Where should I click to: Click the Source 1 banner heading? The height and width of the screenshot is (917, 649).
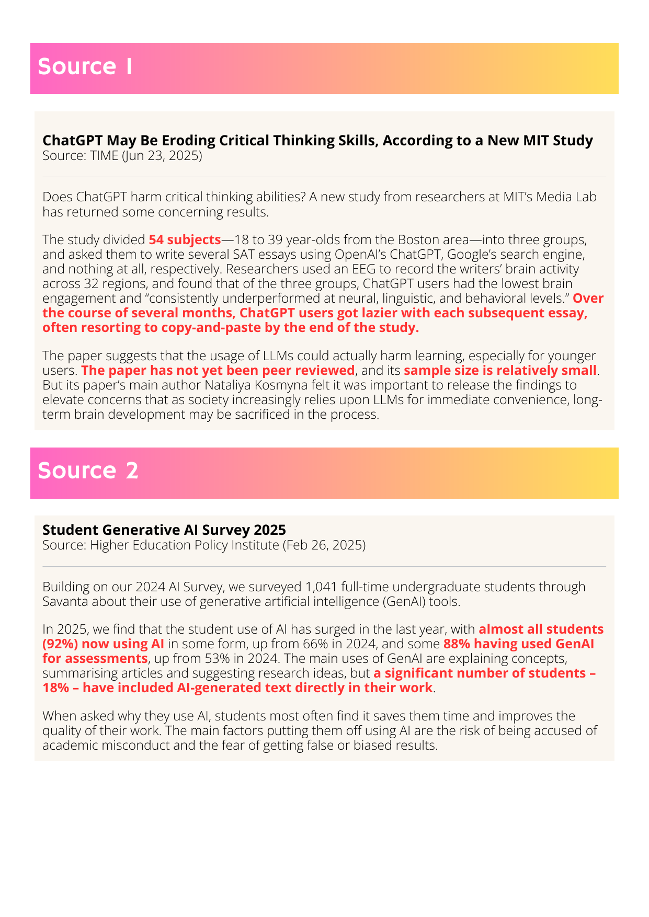[x=85, y=67]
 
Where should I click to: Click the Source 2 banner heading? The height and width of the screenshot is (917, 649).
[x=88, y=471]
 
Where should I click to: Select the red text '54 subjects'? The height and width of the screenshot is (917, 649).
[x=185, y=240]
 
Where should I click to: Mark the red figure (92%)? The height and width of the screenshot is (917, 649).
[x=60, y=644]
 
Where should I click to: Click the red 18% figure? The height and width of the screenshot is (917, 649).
[x=55, y=687]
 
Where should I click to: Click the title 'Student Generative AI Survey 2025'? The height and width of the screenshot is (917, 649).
[x=164, y=530]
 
